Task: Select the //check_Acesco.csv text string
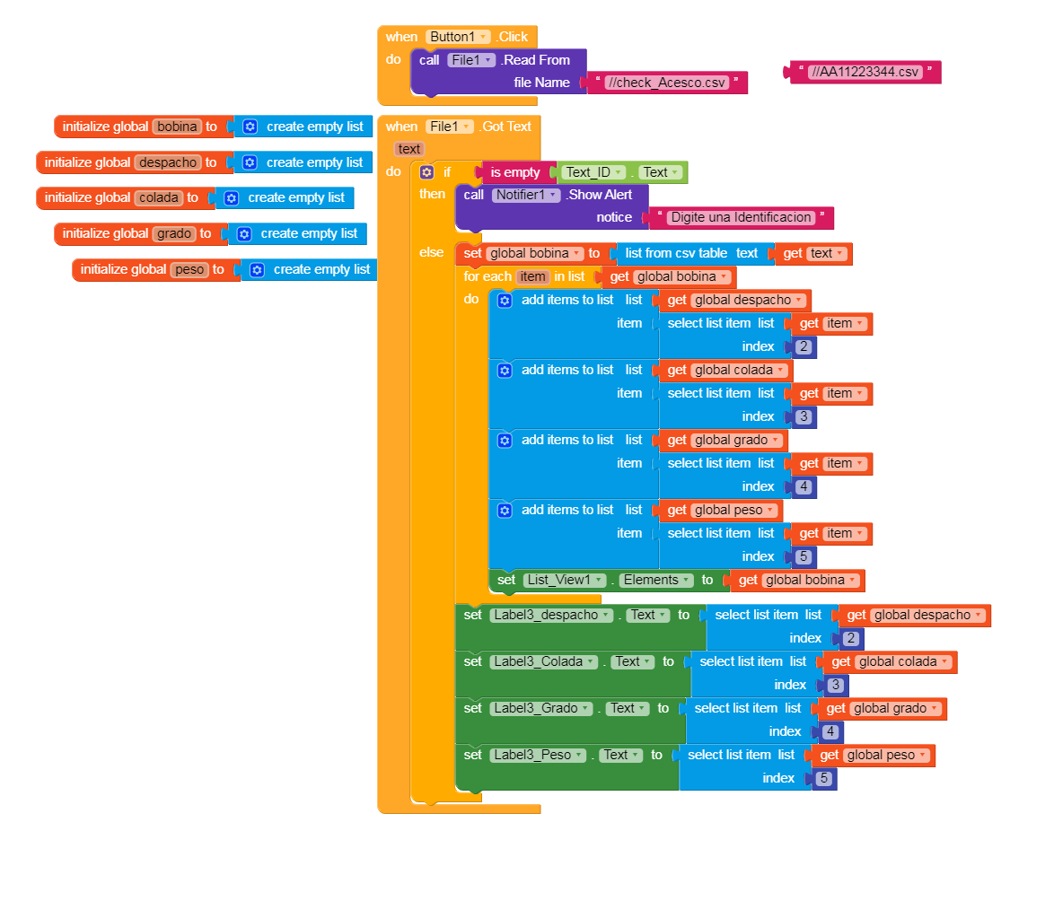tap(665, 83)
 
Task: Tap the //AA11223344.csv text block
tap(865, 72)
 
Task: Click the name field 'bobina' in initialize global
tap(176, 127)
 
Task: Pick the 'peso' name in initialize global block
tap(189, 269)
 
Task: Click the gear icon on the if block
tap(427, 172)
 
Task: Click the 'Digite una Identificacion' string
tap(741, 217)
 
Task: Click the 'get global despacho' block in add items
tap(735, 300)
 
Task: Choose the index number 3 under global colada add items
tap(804, 416)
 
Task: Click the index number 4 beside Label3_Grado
tap(830, 731)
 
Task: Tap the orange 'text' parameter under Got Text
tap(409, 149)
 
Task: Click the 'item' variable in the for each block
tap(532, 276)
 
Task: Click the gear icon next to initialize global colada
tap(232, 197)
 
